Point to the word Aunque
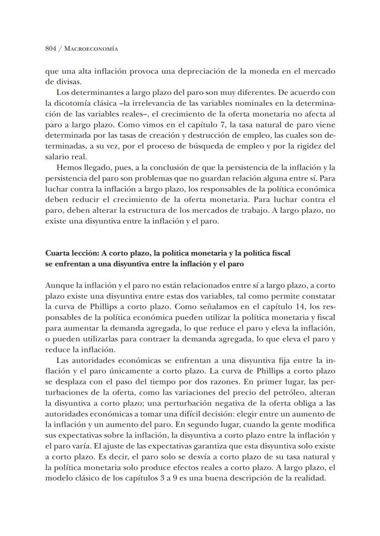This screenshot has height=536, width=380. pyautogui.click(x=57, y=285)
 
